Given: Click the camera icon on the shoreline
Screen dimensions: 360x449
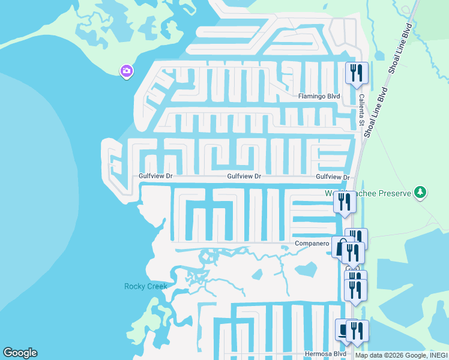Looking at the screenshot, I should pos(126,71).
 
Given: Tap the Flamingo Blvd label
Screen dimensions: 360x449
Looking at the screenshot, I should pos(319,96).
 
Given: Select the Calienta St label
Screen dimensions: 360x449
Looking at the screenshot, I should pos(362,109).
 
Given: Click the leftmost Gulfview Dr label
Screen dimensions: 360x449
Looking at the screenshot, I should pos(155,176).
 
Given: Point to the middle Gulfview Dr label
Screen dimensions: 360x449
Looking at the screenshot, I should pos(244,176).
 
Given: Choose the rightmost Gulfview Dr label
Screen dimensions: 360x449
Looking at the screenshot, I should pos(333,177).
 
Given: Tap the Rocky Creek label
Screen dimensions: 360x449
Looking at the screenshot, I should pos(145,286).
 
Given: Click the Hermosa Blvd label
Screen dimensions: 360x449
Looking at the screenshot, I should pos(325,354).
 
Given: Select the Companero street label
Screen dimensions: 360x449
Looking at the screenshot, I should pos(312,244).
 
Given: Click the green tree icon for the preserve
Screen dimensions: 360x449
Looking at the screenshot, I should pos(421,192).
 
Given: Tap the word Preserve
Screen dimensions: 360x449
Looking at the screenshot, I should pos(393,193).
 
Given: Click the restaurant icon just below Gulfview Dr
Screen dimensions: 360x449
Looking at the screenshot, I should pos(345,201).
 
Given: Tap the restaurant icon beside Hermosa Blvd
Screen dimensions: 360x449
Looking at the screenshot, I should pos(358,330).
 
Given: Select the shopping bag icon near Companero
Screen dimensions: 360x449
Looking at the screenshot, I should pos(340,246).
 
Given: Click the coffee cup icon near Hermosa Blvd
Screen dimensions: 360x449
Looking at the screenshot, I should pos(343,329).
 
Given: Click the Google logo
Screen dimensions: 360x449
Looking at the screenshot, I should pos(20,353).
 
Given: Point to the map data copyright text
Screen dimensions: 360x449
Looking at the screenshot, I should pos(401,355).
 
